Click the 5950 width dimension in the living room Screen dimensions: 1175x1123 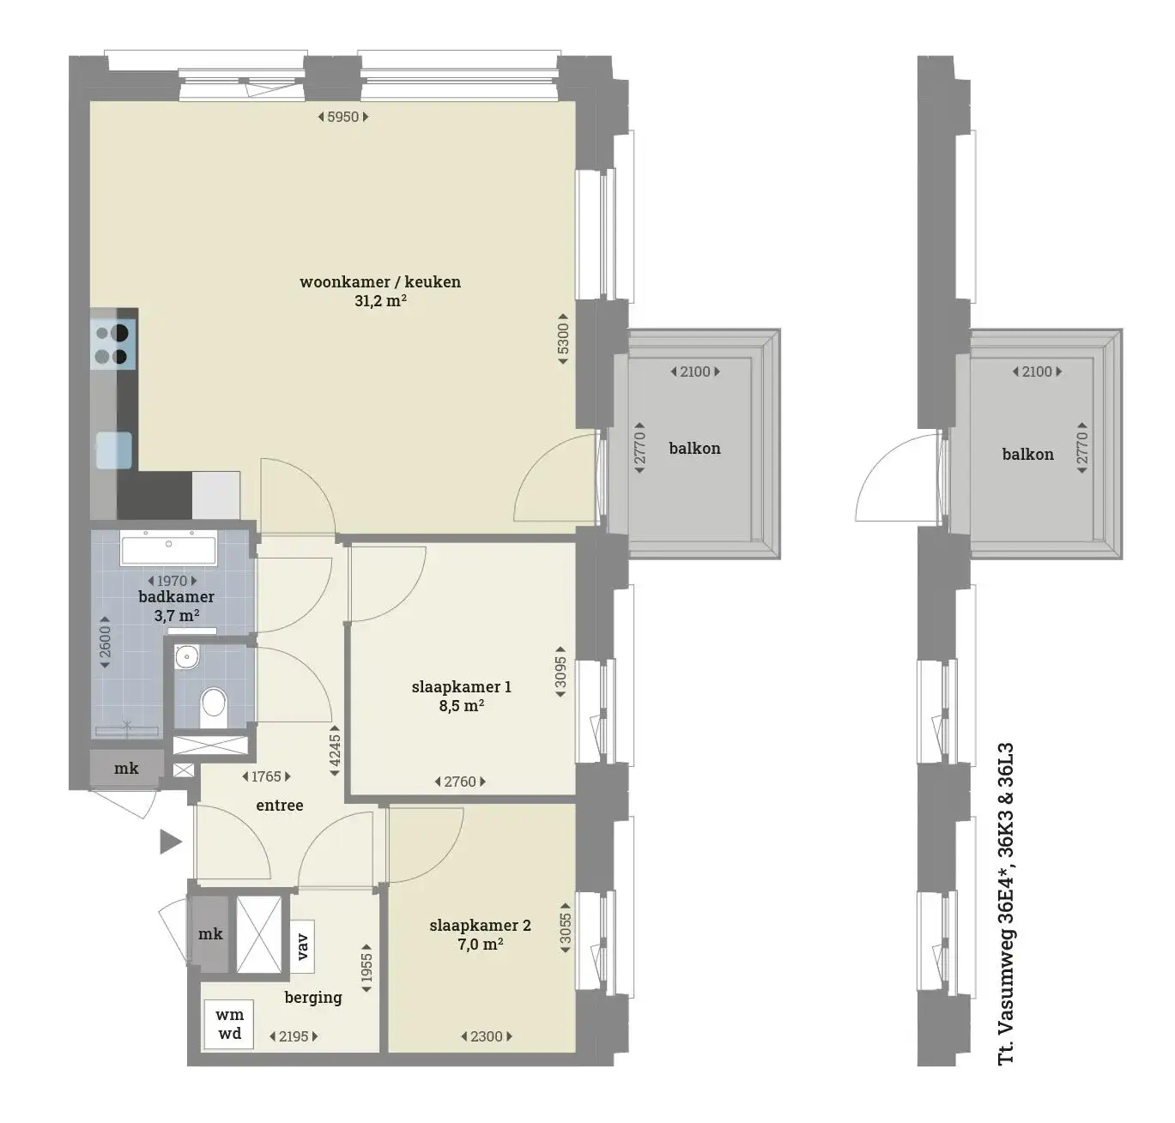tap(343, 117)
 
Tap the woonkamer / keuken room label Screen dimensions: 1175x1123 tap(380, 281)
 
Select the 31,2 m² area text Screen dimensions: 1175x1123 tap(380, 300)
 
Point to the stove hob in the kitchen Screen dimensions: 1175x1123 tap(113, 344)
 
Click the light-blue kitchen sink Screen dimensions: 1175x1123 tap(114, 450)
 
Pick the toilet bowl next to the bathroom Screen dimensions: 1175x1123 tap(213, 707)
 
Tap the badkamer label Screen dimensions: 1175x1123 tap(176, 597)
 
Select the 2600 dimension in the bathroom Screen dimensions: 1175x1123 tap(105, 642)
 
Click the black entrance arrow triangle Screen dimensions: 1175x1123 tap(171, 842)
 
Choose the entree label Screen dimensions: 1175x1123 tap(280, 805)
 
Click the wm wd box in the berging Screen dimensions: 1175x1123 tap(229, 1024)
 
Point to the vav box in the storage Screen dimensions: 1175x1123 tap(302, 946)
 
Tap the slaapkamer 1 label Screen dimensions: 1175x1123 tap(461, 686)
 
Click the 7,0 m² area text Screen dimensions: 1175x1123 tap(480, 945)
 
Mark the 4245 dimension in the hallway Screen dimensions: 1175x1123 tap(335, 750)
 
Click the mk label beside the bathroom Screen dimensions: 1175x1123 tap(126, 768)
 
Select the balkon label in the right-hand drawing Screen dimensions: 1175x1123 tap(1027, 455)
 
